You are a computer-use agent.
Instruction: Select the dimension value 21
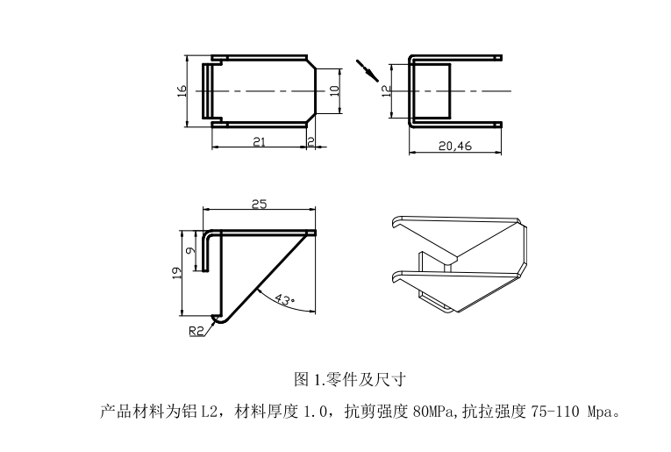259,141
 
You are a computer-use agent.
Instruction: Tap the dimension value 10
334,90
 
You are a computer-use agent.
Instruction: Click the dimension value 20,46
454,147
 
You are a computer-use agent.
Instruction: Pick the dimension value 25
260,204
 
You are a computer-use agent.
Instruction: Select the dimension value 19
175,274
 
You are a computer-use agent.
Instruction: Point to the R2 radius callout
197,332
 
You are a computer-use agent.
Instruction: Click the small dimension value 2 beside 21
311,141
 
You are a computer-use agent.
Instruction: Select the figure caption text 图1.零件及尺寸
348,380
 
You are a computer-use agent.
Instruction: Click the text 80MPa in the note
436,410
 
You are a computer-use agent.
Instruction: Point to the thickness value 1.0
315,410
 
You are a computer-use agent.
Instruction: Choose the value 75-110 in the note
558,410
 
